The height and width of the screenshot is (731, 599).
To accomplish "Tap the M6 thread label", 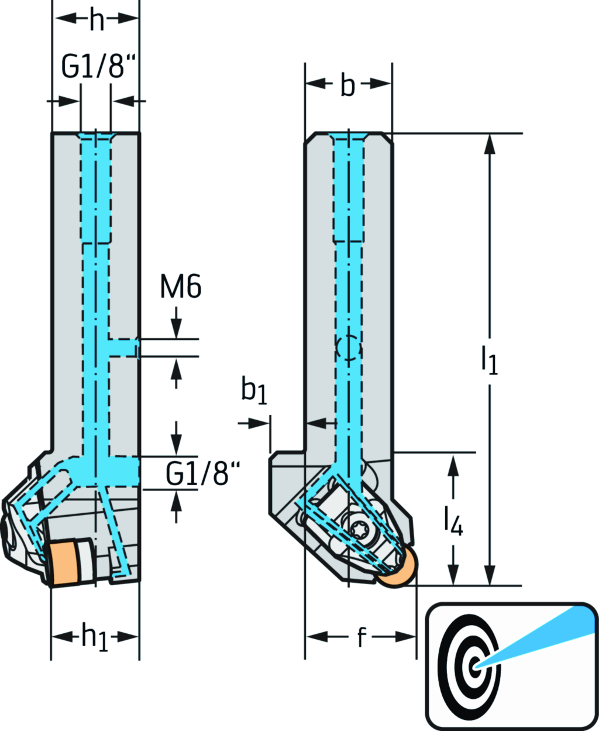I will coord(181,287).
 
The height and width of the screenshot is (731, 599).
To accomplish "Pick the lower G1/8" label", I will coord(202,473).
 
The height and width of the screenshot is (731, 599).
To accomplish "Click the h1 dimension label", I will coord(95,637).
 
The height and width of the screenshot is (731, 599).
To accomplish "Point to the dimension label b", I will coord(347,85).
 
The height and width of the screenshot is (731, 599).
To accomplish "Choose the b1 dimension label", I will coord(254,391).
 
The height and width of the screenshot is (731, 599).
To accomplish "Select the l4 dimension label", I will coord(453,520).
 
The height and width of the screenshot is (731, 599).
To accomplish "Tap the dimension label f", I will coord(362,637).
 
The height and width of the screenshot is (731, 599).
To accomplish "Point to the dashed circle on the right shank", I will coord(349,349).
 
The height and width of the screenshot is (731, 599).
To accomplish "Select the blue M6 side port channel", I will coord(123,348).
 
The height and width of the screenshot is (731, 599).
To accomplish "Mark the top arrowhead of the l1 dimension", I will coord(490,143).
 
